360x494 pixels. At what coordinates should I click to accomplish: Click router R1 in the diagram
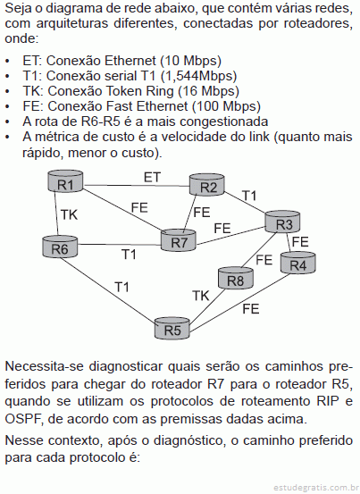(x=65, y=181)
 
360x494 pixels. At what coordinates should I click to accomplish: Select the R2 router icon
(x=207, y=185)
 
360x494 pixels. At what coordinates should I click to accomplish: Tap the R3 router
(x=282, y=222)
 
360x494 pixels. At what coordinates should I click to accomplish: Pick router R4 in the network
(x=298, y=263)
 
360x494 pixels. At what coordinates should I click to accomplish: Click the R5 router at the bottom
(x=172, y=328)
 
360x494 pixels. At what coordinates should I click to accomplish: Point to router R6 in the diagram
(x=60, y=247)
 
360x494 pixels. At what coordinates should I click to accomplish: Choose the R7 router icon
(x=179, y=240)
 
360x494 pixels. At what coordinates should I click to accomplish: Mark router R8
(x=236, y=278)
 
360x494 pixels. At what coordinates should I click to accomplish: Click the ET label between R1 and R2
(x=152, y=178)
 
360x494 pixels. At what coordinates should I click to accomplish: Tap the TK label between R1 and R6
(x=69, y=214)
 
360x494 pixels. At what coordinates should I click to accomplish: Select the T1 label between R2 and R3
(x=249, y=196)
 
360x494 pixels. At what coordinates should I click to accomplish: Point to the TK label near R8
(x=201, y=296)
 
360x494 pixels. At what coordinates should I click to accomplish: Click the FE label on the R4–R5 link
(x=251, y=309)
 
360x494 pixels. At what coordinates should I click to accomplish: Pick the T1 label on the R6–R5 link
(x=121, y=287)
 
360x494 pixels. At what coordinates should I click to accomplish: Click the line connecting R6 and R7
(x=120, y=245)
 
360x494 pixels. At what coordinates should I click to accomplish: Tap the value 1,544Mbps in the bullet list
(x=198, y=76)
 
